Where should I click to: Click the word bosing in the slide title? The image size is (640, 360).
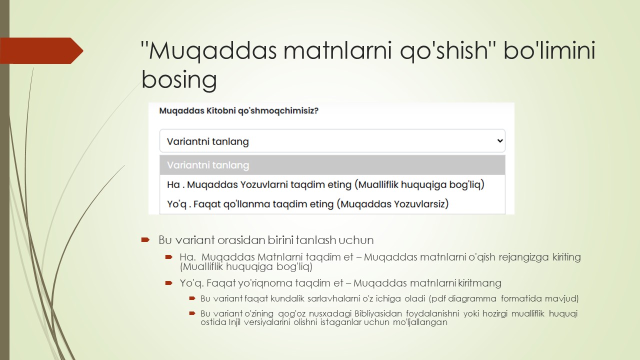click(x=179, y=80)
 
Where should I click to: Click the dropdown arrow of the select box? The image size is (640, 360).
click(x=499, y=141)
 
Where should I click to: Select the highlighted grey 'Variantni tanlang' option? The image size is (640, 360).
click(x=208, y=165)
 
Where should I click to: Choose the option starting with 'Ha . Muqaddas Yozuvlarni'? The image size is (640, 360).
click(x=325, y=184)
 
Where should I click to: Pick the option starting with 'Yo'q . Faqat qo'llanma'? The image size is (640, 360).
click(x=307, y=203)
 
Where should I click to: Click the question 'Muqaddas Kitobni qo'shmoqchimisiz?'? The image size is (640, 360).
click(x=238, y=110)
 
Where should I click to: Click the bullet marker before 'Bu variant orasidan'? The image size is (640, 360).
click(x=145, y=240)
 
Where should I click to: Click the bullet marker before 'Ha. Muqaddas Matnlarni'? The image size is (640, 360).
click(x=169, y=257)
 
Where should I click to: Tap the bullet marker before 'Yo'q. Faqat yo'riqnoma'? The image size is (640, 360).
click(x=169, y=283)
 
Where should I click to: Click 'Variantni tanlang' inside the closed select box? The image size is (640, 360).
click(x=208, y=141)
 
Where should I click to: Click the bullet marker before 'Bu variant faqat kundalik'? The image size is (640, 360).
click(x=191, y=298)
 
